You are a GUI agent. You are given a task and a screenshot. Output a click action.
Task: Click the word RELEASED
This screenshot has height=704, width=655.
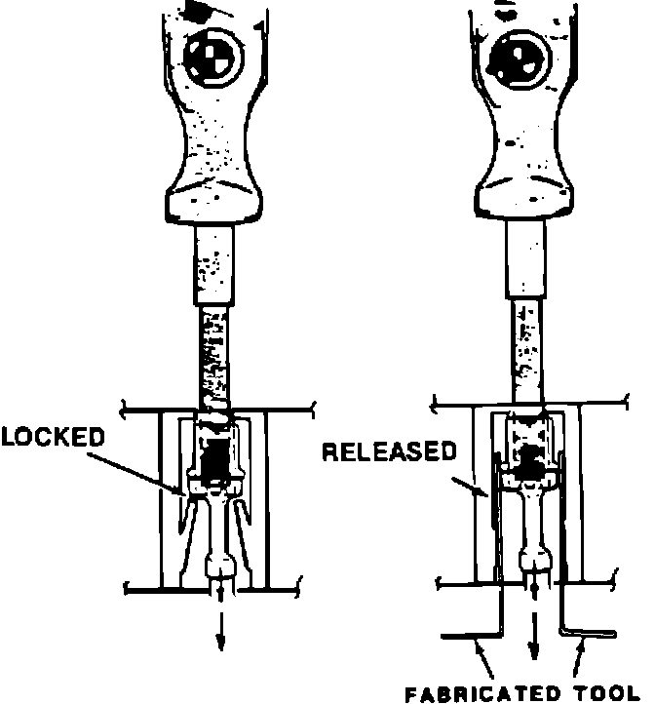(389, 451)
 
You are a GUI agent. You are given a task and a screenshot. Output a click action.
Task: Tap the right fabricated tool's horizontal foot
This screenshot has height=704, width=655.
(591, 633)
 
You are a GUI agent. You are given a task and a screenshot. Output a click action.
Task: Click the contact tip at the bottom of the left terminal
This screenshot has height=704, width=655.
(220, 567)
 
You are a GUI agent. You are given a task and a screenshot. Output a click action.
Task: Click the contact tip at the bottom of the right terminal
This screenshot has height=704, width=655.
(532, 561)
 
